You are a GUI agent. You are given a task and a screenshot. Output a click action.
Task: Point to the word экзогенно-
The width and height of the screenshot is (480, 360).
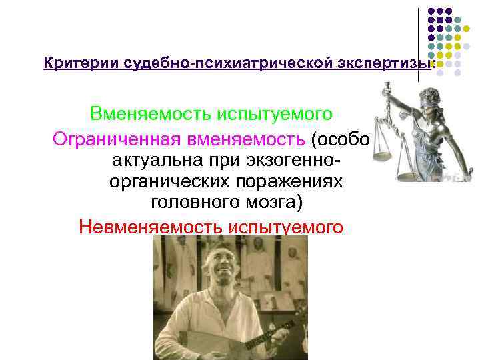[295, 161]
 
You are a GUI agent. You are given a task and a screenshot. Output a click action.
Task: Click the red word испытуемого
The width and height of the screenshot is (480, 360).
[286, 227]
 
